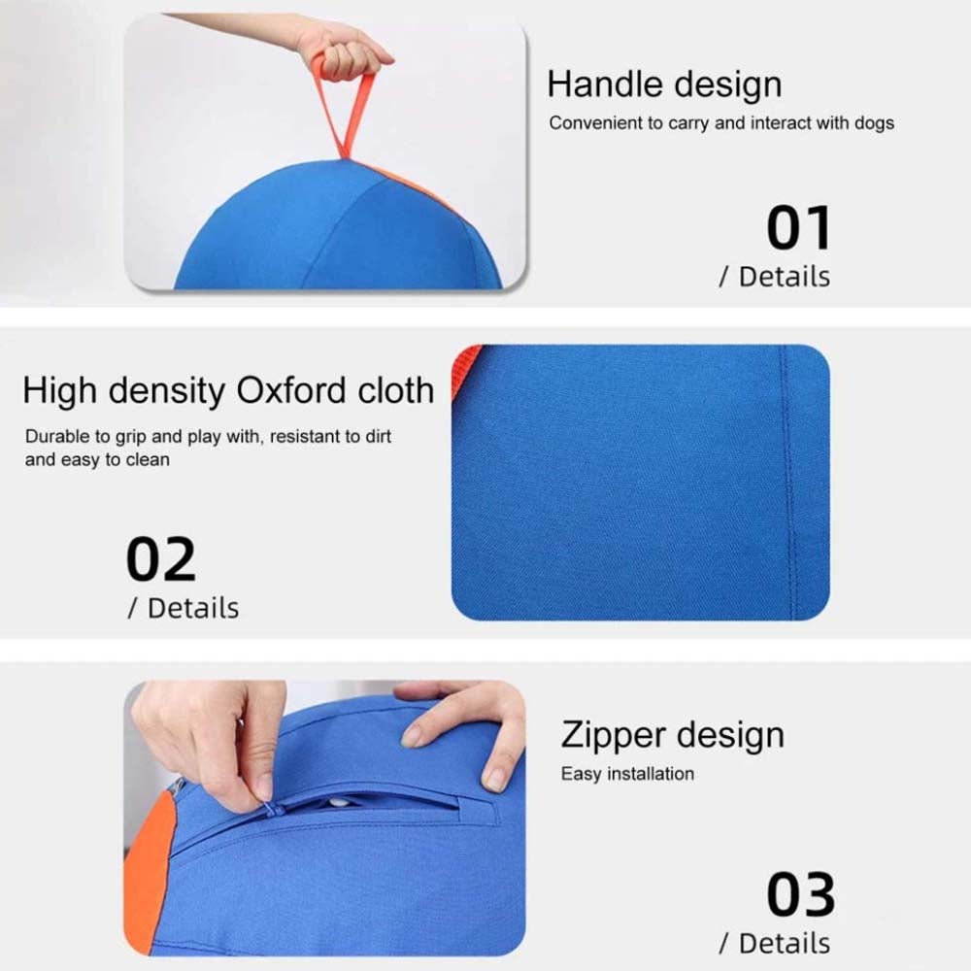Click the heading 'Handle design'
click(x=664, y=84)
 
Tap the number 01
click(x=799, y=228)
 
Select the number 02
click(x=161, y=560)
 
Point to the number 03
click(x=801, y=894)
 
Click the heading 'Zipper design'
click(x=673, y=736)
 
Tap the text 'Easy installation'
click(x=627, y=774)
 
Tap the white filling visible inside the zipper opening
click(x=339, y=803)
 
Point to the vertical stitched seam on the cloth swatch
click(x=788, y=483)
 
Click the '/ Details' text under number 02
click(x=184, y=609)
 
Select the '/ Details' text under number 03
click(x=775, y=944)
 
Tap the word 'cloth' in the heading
click(x=396, y=390)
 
